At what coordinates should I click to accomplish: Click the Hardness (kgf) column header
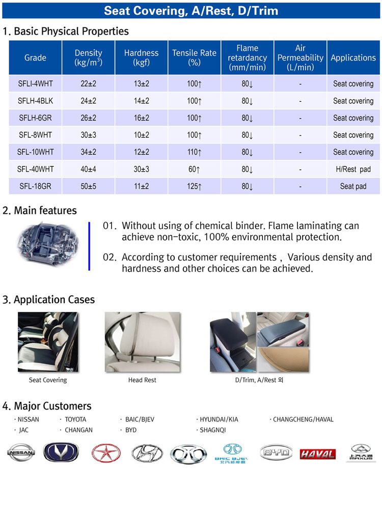click(141, 57)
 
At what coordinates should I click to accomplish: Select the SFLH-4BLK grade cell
click(36, 101)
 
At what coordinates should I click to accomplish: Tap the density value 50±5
click(89, 186)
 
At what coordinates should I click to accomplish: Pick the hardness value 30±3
click(142, 169)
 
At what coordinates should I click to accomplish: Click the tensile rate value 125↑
click(194, 186)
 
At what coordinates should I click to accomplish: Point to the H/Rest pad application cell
click(353, 169)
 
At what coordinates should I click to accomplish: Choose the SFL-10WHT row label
click(36, 152)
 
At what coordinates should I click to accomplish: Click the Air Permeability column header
click(300, 57)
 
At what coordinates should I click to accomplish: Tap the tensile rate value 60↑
click(194, 169)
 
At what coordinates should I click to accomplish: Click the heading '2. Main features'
click(39, 211)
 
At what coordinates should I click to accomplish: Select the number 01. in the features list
click(110, 226)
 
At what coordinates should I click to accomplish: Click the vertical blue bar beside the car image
click(89, 246)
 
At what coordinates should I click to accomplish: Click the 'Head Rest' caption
click(142, 380)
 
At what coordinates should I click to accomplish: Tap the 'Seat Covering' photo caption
click(48, 380)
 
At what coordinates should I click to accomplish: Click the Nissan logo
click(21, 452)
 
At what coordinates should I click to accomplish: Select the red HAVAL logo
click(317, 454)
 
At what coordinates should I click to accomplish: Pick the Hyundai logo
click(147, 453)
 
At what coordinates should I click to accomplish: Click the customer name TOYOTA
click(75, 419)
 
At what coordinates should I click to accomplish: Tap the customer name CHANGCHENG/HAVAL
click(303, 419)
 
